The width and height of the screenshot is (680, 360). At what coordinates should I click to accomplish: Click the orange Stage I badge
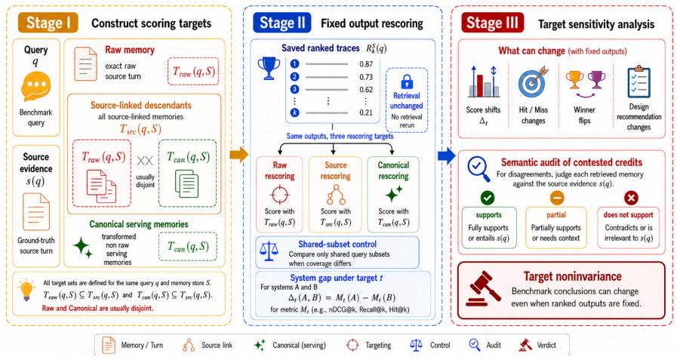[x=48, y=23]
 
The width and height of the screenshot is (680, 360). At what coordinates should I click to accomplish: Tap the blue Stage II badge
[x=282, y=23]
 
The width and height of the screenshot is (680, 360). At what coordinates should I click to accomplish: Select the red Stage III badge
[x=492, y=23]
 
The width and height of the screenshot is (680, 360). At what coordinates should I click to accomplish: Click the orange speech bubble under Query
[x=36, y=86]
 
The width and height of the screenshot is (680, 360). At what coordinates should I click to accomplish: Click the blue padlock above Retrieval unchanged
[x=406, y=82]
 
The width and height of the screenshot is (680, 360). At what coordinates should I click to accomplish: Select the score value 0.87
[x=366, y=64]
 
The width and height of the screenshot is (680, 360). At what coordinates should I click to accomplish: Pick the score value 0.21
[x=366, y=112]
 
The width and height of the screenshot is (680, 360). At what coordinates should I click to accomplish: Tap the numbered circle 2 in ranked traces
[x=295, y=77]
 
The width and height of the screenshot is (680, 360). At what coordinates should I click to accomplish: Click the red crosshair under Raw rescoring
[x=280, y=194]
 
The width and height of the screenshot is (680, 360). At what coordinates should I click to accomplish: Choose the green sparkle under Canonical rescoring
[x=393, y=193]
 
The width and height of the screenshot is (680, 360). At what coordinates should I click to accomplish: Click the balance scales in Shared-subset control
[x=269, y=251]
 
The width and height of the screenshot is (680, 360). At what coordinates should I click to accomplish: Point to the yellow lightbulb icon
[x=26, y=290]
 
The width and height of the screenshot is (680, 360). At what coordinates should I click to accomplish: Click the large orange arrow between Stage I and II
[x=238, y=155]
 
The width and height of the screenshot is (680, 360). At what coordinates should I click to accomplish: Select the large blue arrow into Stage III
[x=447, y=155]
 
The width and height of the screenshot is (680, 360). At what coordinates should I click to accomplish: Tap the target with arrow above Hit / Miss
[x=533, y=82]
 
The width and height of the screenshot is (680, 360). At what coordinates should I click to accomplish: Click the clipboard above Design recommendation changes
[x=638, y=82]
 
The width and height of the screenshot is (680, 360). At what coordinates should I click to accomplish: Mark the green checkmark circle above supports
[x=488, y=198]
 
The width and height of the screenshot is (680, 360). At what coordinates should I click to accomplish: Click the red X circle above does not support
[x=631, y=198]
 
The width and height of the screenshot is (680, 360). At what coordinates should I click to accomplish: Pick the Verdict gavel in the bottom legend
[x=525, y=345]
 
